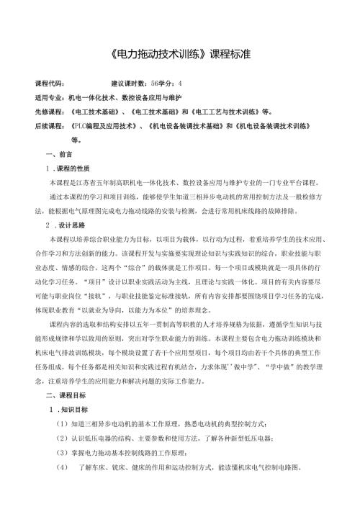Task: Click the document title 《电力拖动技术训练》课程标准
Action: (x=180, y=55)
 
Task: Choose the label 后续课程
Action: (x=49, y=125)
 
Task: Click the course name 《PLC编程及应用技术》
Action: (x=106, y=125)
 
